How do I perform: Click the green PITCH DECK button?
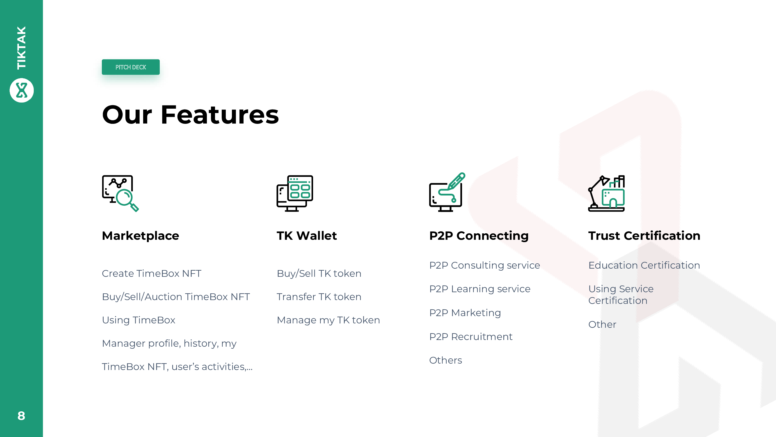coord(130,67)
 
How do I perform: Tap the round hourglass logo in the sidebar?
coord(22,90)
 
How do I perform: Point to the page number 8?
coord(21,416)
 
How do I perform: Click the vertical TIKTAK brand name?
coord(22,48)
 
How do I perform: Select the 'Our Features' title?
coord(190,114)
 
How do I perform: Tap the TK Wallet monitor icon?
coord(295,193)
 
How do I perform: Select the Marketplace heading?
coord(140,235)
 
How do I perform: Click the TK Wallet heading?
coord(307,235)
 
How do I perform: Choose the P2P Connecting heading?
coord(479,235)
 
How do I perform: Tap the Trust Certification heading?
coord(644,235)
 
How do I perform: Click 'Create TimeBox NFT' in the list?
coord(152,273)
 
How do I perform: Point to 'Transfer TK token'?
coord(319,297)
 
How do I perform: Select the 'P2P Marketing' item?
coord(465,313)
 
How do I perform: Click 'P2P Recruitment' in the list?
coord(471,336)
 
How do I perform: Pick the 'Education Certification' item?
coord(644,265)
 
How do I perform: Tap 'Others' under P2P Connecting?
coord(445,360)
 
